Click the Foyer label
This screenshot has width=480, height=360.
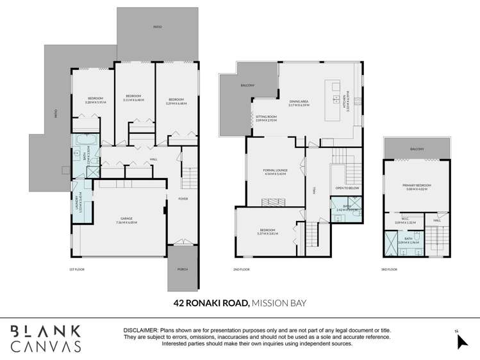183,199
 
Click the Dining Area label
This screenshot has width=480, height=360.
300,102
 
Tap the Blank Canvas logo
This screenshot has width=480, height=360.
46,338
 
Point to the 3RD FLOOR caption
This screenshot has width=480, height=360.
389,269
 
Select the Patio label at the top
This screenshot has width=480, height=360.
157,27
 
